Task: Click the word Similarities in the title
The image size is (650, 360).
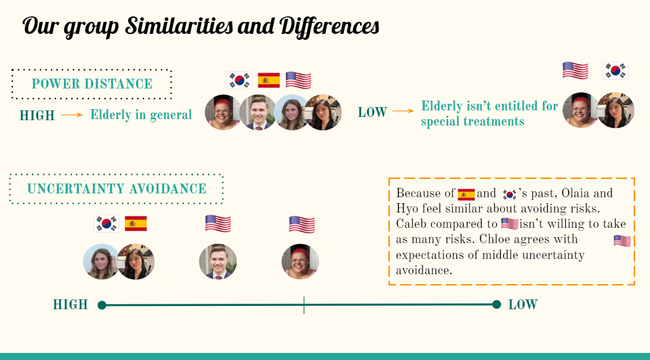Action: [179, 26]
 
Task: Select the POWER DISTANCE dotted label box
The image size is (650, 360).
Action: [92, 70]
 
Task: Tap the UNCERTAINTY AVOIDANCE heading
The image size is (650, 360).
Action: [116, 189]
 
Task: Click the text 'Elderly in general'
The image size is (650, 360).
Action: [141, 115]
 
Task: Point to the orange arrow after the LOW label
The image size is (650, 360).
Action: [403, 111]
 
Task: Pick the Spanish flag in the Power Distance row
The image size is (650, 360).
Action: [268, 80]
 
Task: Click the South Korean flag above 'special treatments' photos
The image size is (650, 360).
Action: [615, 70]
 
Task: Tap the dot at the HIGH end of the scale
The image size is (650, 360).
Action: [102, 305]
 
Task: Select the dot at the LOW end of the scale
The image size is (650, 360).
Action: [496, 305]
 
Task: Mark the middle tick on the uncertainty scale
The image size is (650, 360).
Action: [304, 305]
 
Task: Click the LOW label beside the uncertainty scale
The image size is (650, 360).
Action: [523, 305]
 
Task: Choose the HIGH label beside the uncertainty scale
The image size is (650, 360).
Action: [71, 305]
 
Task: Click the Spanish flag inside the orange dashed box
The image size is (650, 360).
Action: [466, 194]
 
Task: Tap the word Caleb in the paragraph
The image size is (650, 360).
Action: [411, 224]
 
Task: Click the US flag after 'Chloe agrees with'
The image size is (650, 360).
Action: [622, 241]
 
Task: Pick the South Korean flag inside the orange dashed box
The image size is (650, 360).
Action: [509, 194]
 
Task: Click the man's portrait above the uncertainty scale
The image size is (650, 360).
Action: [218, 262]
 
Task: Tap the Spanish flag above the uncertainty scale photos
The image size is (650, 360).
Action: [136, 224]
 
